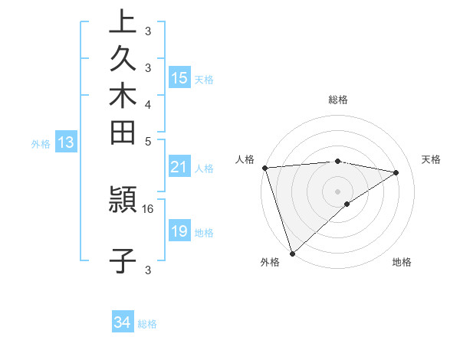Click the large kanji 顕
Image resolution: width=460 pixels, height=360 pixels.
123,201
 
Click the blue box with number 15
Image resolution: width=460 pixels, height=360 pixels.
179,78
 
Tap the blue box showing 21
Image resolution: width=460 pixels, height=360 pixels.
179,168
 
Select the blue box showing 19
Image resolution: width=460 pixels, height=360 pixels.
179,231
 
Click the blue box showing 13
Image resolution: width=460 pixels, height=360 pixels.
66,142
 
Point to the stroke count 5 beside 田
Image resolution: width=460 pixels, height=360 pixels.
148,141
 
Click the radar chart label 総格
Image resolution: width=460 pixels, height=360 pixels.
338,100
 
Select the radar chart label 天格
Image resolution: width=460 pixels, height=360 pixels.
431,159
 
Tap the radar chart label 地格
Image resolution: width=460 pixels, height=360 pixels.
402,262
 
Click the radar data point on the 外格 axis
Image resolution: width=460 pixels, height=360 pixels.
292,252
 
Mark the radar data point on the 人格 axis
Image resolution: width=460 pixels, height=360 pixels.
264,168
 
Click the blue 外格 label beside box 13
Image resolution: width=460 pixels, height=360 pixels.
41,142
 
